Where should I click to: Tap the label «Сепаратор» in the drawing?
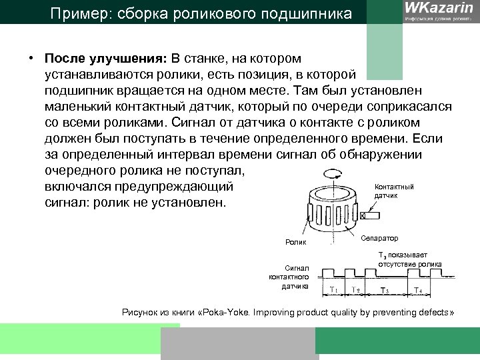pos(381,238)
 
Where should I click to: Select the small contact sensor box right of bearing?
pos(363,216)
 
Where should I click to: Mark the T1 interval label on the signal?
pos(333,290)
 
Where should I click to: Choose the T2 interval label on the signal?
pos(356,290)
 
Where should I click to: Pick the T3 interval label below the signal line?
pos(384,290)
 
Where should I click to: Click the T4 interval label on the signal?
pos(417,290)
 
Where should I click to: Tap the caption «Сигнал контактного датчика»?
pos(289,276)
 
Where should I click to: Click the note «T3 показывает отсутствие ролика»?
pos(409,259)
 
